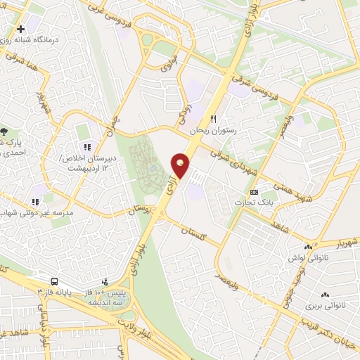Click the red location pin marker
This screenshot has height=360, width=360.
click(x=181, y=166)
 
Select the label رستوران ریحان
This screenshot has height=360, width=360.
click(x=215, y=131)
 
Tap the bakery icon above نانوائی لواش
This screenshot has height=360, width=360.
click(x=307, y=247)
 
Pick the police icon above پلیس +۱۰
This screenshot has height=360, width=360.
click(x=105, y=282)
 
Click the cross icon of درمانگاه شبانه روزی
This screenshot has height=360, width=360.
click(x=20, y=30)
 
